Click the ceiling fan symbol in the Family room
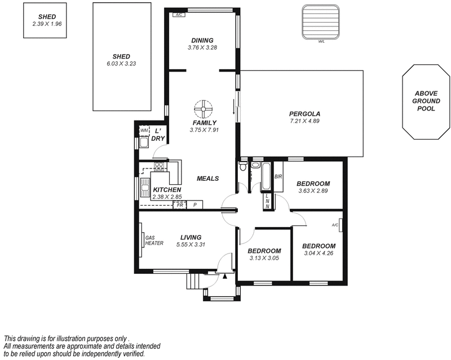coord(202,108)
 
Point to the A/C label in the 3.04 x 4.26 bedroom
coord(335,225)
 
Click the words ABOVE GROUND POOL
coord(426,101)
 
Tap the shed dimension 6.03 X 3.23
coord(121,64)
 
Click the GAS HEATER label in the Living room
coord(154,241)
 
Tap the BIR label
coord(278,176)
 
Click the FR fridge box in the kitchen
coord(180,205)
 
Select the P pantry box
coord(195,205)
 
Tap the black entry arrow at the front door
coord(224,276)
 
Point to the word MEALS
coord(207,179)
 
